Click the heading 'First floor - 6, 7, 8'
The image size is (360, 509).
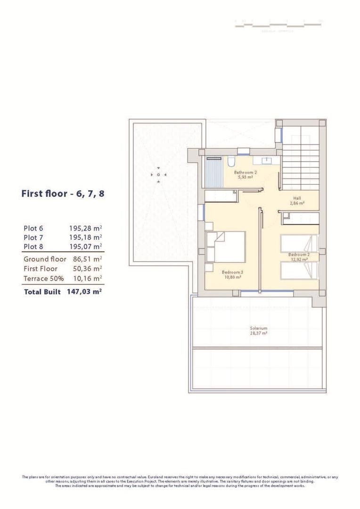click(x=63, y=194)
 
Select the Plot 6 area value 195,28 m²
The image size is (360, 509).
click(x=85, y=228)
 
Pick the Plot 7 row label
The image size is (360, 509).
click(x=33, y=237)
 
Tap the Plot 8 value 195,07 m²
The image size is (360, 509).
click(x=85, y=246)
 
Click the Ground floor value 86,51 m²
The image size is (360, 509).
click(x=87, y=259)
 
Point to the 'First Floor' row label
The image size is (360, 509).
click(x=41, y=269)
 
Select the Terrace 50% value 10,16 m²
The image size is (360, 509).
click(x=87, y=278)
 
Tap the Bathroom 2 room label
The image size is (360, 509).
click(x=245, y=172)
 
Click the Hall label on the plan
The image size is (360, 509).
click(x=297, y=198)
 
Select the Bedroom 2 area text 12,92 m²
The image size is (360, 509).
click(x=298, y=259)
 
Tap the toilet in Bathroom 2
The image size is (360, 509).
click(x=231, y=162)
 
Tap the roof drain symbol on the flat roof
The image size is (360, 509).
click(x=158, y=175)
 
